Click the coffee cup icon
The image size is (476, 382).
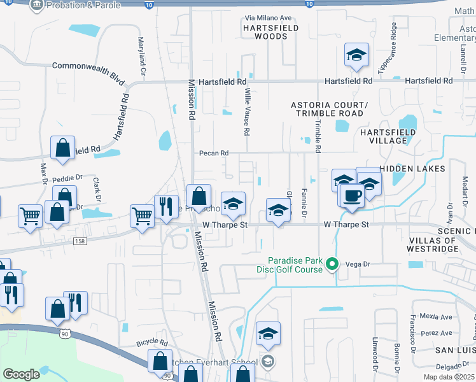pos(351,195)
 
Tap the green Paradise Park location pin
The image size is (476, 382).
pos(332,263)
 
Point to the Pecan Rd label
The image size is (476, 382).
pos(213,153)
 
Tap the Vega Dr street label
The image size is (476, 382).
pos(358,263)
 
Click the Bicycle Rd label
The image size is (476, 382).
pos(151,343)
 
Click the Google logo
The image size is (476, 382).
pos(22,374)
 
